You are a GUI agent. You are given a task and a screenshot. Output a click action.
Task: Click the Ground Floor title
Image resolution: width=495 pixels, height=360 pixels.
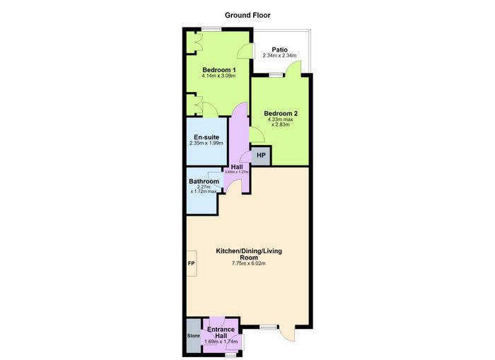248,15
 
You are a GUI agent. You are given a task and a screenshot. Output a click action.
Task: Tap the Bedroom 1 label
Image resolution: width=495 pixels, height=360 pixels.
219,70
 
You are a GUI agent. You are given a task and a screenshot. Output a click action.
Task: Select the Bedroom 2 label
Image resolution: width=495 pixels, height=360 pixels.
281,113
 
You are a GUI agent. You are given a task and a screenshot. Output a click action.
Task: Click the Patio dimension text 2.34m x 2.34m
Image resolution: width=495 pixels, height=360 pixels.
279,56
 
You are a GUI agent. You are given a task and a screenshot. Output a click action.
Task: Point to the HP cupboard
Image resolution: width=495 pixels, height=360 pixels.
261,156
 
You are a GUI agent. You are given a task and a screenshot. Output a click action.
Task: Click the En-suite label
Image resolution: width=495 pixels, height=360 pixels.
206,137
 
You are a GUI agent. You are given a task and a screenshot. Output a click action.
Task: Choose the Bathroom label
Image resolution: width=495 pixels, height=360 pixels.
204,181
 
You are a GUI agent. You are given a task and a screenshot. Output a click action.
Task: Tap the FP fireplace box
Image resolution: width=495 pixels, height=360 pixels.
192,263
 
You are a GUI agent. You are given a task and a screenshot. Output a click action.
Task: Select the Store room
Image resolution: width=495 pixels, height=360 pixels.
194,336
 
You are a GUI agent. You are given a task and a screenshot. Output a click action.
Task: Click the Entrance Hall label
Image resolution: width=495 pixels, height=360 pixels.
221,332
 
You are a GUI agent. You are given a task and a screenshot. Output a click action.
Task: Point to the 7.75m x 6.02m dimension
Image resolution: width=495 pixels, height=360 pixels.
249,263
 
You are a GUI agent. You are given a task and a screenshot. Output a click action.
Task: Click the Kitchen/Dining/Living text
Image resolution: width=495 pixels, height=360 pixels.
249,251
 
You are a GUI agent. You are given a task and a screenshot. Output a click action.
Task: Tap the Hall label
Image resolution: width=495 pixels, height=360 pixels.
237,167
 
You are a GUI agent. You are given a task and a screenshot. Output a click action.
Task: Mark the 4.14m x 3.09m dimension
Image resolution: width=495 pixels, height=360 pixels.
219,76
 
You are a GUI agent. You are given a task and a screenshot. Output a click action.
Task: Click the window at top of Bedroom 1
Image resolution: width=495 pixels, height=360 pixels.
211,29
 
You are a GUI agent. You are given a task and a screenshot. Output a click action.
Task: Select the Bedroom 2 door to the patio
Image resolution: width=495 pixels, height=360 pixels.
293,67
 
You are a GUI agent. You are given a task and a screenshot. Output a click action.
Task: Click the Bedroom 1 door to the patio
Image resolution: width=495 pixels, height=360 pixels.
246,50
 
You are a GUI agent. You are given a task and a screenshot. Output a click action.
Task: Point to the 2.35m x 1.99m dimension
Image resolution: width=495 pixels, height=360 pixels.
206,143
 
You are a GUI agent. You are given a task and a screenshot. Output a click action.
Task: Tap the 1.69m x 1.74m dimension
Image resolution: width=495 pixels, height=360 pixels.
221,342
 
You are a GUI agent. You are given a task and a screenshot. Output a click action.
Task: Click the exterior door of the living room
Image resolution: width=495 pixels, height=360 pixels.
287,333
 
